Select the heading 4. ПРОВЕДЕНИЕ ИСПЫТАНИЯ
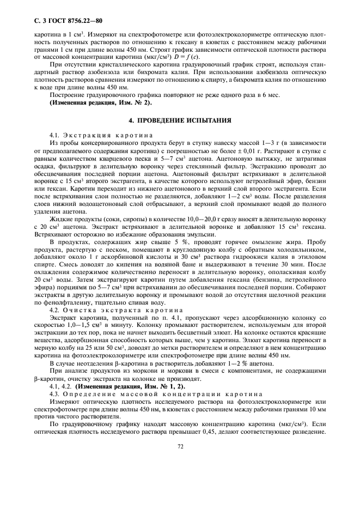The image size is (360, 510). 180,120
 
